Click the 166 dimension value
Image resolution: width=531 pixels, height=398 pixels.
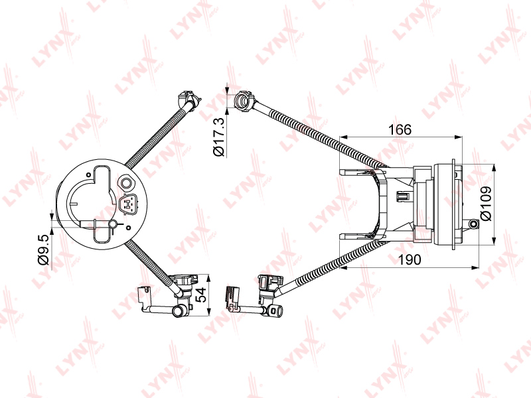[400, 129]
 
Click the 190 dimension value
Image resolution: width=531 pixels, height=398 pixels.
[409, 259]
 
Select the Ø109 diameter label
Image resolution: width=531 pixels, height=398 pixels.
[486, 204]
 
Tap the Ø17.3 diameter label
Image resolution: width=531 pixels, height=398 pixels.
[219, 137]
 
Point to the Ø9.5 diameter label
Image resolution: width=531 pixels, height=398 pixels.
[44, 249]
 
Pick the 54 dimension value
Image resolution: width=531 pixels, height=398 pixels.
[202, 295]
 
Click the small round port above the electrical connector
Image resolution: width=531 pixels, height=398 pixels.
[126, 183]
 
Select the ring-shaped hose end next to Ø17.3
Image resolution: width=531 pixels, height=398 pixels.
[244, 100]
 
